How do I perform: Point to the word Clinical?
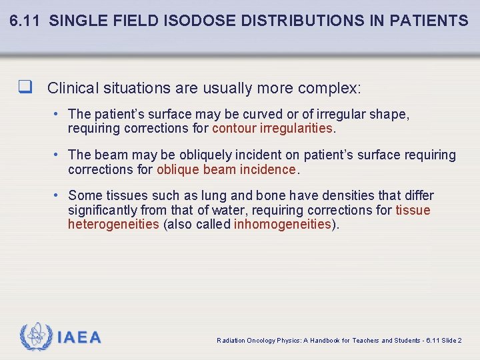coord(72,88)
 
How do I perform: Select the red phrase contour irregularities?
coord(272,128)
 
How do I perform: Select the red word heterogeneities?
coord(113,224)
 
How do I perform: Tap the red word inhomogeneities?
coord(282,224)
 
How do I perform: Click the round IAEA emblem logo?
coord(36,337)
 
